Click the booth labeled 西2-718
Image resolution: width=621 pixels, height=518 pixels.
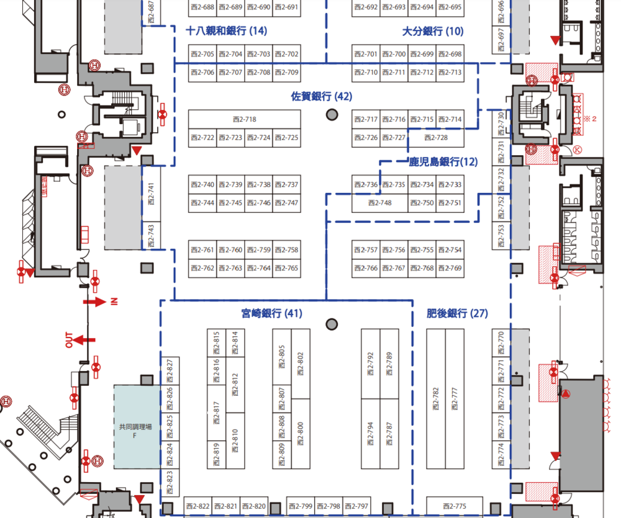(x=244, y=119)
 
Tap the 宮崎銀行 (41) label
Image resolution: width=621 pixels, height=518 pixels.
(x=272, y=314)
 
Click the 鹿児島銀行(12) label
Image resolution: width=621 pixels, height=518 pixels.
(x=443, y=163)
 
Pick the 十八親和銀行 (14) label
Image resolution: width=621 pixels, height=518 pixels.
(x=227, y=31)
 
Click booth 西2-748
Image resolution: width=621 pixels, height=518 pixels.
(x=379, y=203)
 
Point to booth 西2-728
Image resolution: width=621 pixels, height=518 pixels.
(x=435, y=138)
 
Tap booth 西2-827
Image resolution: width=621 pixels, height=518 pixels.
(x=170, y=370)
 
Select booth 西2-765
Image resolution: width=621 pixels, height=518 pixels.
(x=286, y=269)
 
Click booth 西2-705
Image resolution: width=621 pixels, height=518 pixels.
(x=202, y=55)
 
